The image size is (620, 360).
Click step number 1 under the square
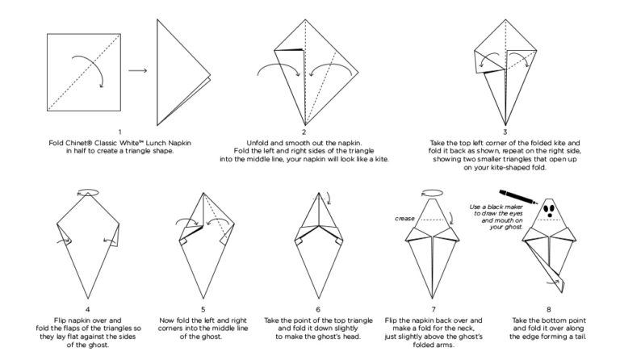pos(119,132)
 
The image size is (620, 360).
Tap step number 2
pos(304,132)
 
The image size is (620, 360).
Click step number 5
pos(203,308)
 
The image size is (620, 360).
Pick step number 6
pos(318,308)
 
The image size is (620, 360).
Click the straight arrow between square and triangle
pos(137,71)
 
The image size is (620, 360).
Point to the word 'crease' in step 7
pos(405,219)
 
